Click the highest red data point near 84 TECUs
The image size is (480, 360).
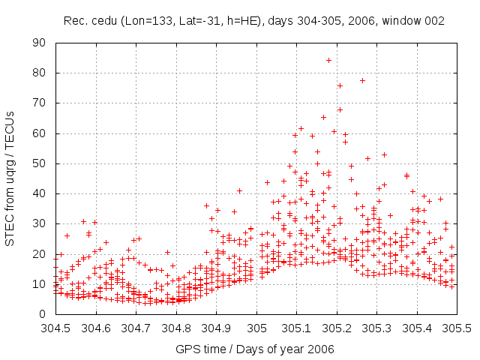point(328,60)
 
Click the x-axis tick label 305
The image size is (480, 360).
point(256,328)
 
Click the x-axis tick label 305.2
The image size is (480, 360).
point(337,328)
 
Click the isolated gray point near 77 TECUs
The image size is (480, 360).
point(362,80)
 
